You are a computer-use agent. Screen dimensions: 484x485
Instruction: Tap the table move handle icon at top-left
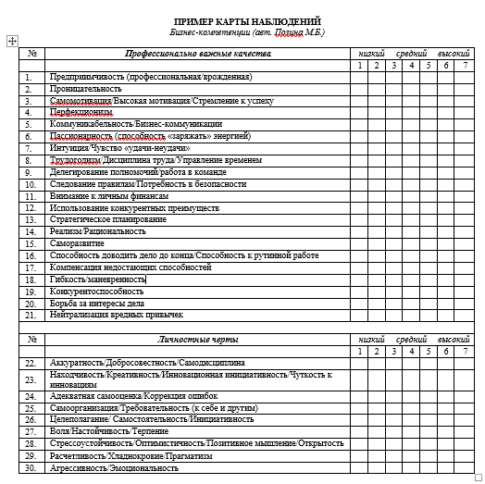[x=11, y=41]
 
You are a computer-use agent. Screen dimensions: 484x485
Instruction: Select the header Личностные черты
[x=197, y=339]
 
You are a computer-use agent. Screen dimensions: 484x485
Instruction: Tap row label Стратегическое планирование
[x=108, y=219]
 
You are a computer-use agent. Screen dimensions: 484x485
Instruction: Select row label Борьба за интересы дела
[x=96, y=303]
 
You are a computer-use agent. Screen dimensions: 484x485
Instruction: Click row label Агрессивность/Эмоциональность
[x=114, y=467]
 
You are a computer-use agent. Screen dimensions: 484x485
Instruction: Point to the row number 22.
[x=31, y=364]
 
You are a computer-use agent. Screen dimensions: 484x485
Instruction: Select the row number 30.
[x=31, y=467]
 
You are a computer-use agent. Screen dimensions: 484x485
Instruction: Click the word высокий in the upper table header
[x=454, y=54]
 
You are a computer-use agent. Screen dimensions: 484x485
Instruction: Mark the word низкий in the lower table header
[x=371, y=339]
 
